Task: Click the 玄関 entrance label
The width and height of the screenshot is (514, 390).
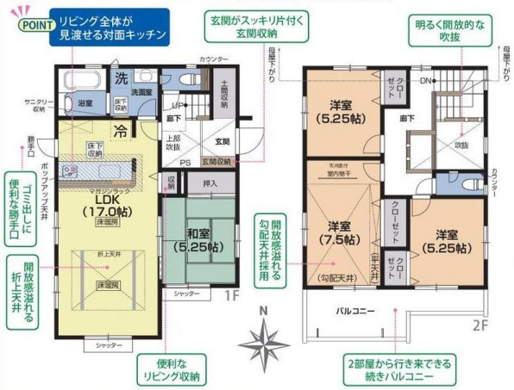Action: coord(223,140)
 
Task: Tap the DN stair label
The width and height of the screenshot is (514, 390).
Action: coord(425,82)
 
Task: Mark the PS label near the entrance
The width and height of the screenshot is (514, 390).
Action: coord(185,160)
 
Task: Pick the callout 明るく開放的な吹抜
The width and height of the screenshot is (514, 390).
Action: coord(442,31)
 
